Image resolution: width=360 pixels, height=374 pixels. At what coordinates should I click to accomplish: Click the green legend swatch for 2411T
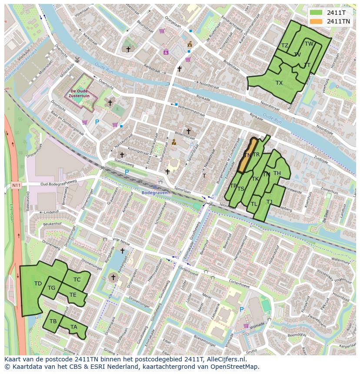[x=317, y=13]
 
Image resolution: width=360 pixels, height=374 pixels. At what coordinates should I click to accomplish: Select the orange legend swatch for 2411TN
[x=317, y=21]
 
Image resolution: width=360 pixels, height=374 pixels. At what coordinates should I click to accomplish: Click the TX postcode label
[x=279, y=83]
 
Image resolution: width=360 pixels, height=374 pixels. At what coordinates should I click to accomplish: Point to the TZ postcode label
[x=285, y=46]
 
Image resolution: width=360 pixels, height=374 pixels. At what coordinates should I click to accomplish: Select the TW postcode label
[x=309, y=44]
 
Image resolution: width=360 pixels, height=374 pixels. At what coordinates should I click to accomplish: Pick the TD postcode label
[x=38, y=284]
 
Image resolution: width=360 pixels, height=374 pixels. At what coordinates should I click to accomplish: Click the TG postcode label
[x=51, y=288]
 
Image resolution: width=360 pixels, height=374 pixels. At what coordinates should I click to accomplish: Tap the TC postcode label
[x=77, y=280]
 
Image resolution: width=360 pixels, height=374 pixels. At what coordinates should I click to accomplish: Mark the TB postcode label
[x=53, y=321]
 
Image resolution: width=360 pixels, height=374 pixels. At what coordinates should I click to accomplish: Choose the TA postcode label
[x=73, y=327]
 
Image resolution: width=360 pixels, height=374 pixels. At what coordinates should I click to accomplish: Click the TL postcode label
[x=254, y=204]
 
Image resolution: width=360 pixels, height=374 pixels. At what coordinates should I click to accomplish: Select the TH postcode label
[x=277, y=174]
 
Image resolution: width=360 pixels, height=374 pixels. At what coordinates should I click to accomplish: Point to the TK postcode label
[x=255, y=179]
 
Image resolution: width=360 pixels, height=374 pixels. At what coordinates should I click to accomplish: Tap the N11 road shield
[x=16, y=185]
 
